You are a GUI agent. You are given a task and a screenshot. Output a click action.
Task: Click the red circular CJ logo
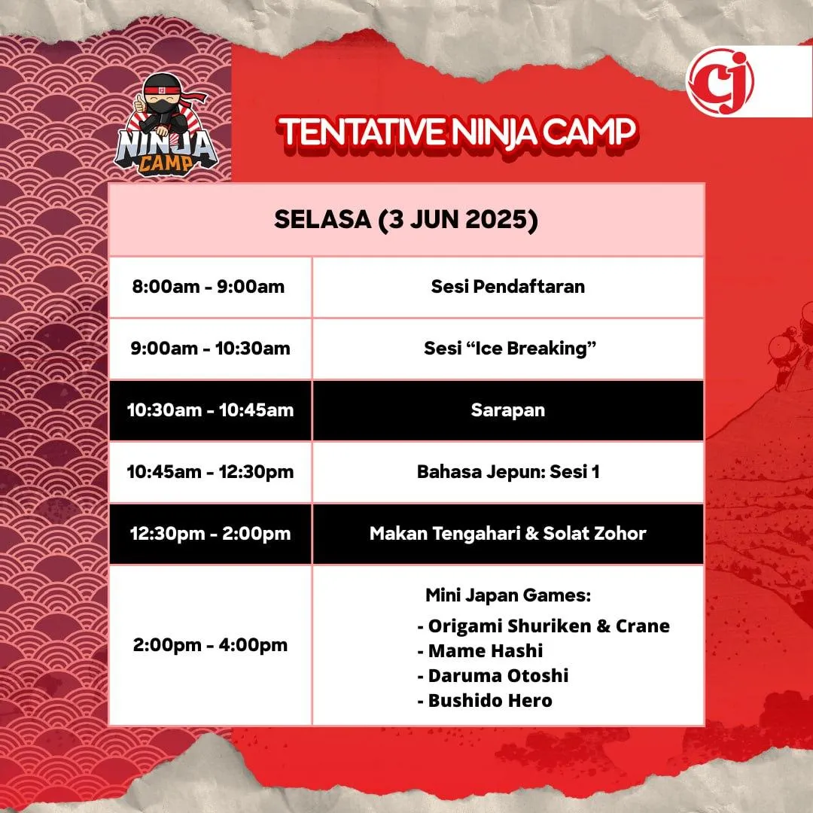pos(720,81)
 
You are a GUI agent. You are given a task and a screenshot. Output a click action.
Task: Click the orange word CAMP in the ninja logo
pos(165,163)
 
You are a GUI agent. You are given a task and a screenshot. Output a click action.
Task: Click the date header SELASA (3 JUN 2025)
pos(406,219)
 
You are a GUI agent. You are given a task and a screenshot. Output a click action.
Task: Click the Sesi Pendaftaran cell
pos(508,286)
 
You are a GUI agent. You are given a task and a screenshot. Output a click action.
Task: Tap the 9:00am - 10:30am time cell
pos(210,348)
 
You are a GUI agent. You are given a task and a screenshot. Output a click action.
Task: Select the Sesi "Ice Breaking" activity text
pos(510,348)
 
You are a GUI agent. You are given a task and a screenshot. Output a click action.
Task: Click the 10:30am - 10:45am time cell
pos(210,410)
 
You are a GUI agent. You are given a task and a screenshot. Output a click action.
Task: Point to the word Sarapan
pos(508,410)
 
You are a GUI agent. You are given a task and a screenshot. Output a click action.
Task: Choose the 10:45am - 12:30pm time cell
pos(210,472)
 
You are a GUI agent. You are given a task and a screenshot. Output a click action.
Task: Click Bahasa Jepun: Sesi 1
pos(508,472)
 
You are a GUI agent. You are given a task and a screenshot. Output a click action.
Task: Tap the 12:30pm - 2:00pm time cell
pos(210,534)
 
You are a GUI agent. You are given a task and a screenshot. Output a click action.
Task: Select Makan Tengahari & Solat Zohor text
pos(508,534)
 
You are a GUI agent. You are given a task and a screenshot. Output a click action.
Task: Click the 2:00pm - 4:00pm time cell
pos(210,645)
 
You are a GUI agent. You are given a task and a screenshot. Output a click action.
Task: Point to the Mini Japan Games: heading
pos(508,595)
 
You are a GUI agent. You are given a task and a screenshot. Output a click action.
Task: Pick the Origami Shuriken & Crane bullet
pos(544,626)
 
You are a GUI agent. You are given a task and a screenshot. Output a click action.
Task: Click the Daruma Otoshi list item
pos(493,675)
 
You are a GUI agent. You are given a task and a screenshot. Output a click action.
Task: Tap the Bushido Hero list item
pos(485,701)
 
